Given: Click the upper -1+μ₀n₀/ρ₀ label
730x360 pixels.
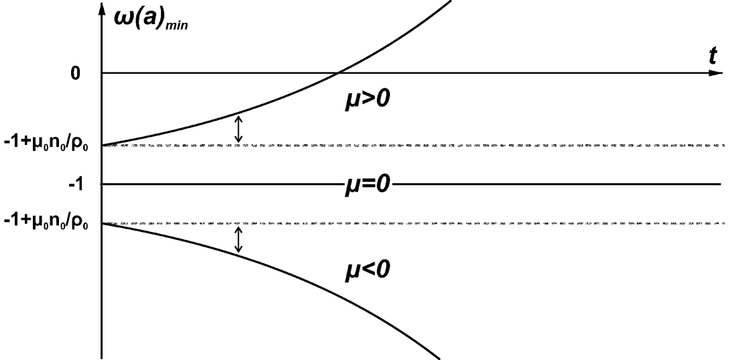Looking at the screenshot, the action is tap(50, 145).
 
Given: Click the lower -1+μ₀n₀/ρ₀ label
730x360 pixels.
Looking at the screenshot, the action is tap(50, 223).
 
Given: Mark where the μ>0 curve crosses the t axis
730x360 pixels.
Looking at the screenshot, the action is tap(339, 72).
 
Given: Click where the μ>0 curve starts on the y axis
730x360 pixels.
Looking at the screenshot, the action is tap(103, 145).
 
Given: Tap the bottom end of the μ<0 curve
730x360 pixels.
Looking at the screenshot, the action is tap(439, 356).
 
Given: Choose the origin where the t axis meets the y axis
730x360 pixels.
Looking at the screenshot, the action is tap(102, 72).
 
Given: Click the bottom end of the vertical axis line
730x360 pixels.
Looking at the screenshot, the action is tap(102, 357).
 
